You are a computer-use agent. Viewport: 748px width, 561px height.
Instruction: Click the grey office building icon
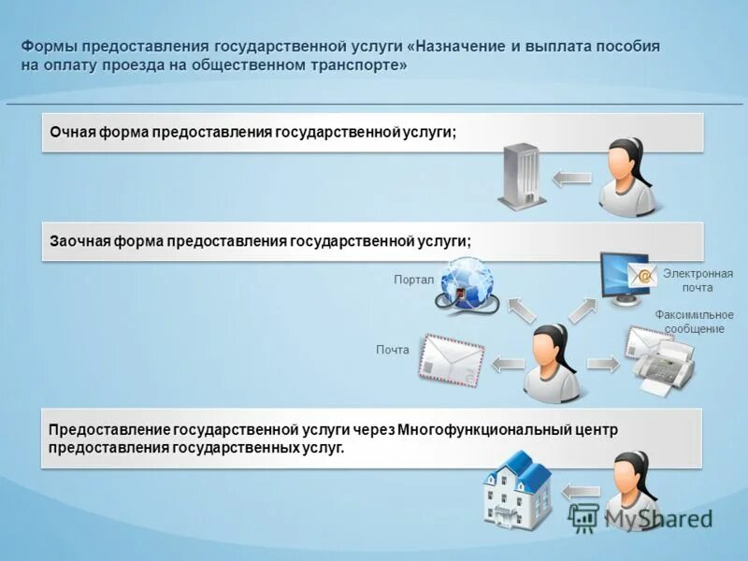pos(522,176)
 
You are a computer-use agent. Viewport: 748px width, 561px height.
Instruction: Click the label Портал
pos(414,280)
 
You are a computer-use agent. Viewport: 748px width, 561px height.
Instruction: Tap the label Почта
pos(393,350)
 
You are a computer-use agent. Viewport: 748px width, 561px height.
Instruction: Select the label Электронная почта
pos(698,280)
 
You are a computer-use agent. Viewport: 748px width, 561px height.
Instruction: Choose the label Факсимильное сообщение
pos(694,322)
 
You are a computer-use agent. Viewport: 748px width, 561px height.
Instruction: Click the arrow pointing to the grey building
pos(571,178)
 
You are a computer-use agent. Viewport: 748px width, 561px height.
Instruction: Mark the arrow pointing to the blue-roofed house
pos(581,489)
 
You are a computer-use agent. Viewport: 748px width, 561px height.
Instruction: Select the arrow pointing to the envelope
pos(509,363)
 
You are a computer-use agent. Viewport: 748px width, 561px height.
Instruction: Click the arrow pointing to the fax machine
pos(602,363)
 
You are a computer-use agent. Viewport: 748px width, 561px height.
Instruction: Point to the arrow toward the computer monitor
pos(583,309)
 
